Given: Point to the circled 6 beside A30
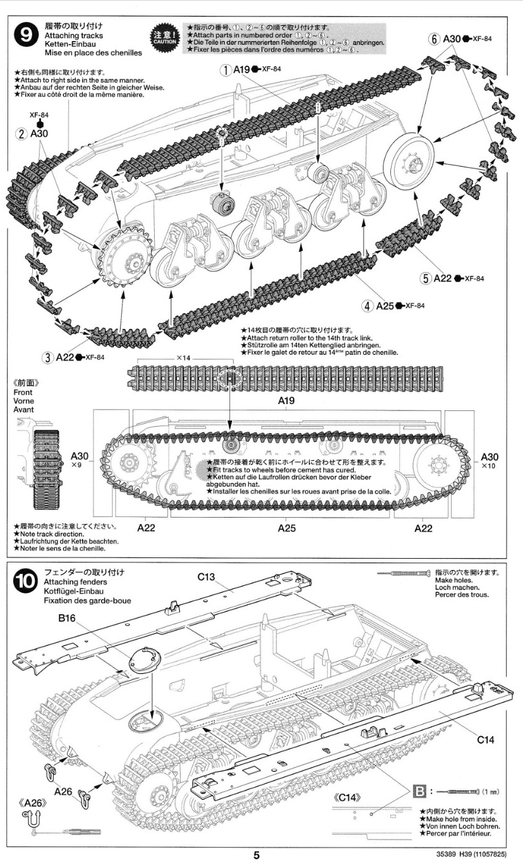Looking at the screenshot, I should point(434,39).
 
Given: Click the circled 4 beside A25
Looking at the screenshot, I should point(368,306).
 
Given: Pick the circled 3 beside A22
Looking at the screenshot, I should point(47,357).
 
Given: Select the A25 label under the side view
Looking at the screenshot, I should point(287,528).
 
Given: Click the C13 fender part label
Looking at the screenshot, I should point(206,576).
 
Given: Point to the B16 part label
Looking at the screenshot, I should point(67,619).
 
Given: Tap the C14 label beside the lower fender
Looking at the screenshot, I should point(485,739).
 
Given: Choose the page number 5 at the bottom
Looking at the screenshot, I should point(257,855).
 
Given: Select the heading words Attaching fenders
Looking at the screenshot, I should point(69,581).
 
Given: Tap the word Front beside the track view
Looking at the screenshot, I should point(22,392).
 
